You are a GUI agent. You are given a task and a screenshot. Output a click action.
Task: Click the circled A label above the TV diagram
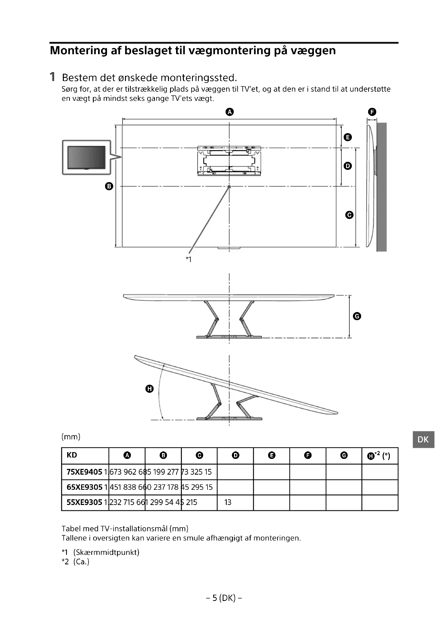point(229,112)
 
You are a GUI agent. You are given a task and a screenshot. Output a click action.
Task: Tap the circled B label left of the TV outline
point(109,186)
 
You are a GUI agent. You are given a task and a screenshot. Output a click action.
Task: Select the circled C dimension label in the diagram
point(349,215)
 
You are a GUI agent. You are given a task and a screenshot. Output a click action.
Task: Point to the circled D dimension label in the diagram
point(348,166)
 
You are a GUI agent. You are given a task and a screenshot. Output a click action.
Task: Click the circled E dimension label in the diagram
point(348,137)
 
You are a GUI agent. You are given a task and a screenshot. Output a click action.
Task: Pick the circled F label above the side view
point(372,112)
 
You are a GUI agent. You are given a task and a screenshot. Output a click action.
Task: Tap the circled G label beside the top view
point(357,316)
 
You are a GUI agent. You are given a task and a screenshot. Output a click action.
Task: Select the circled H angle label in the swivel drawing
point(149,389)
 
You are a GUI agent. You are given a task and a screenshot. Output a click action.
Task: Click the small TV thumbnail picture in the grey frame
point(86,157)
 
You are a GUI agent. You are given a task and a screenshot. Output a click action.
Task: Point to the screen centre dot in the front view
point(229,187)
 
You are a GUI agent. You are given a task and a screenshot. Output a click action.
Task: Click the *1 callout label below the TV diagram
point(189,259)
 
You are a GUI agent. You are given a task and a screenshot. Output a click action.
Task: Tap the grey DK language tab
point(423,440)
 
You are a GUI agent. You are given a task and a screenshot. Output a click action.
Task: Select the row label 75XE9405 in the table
point(85,472)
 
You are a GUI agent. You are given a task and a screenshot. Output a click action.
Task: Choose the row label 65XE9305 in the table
point(85,487)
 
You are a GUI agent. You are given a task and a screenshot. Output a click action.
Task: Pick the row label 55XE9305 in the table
point(85,502)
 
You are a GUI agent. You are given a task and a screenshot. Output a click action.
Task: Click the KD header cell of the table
point(72,455)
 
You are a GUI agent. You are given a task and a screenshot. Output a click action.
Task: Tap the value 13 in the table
point(228,502)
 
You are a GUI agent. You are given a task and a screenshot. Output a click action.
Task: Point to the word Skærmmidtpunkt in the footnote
point(106,552)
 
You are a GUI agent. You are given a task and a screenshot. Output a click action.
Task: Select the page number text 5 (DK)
point(224,598)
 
